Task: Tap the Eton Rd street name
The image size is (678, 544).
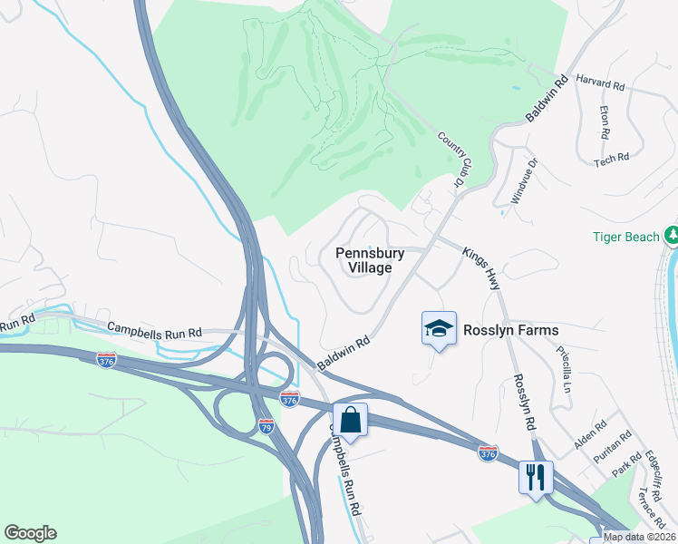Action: pos(605,121)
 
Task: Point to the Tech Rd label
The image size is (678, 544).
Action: pos(611,159)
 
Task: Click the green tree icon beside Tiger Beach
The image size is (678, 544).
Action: pos(672,236)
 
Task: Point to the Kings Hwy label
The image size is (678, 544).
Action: pos(481,265)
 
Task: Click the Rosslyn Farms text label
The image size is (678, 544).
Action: pos(511,330)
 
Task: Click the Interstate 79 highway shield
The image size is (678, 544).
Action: pos(266,425)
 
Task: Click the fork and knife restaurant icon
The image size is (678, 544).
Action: pos(535,475)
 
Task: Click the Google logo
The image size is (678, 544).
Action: pos(30,533)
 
